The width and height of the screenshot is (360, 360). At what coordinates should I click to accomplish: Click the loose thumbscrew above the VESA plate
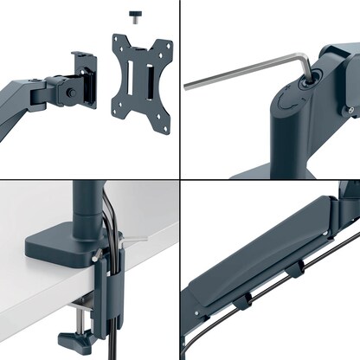[x=135, y=16]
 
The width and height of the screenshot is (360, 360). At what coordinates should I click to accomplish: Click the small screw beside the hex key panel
[x=350, y=110]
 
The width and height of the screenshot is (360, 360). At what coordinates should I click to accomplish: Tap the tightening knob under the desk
[x=70, y=334]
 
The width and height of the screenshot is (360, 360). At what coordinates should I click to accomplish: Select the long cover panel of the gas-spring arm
[x=260, y=251]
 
